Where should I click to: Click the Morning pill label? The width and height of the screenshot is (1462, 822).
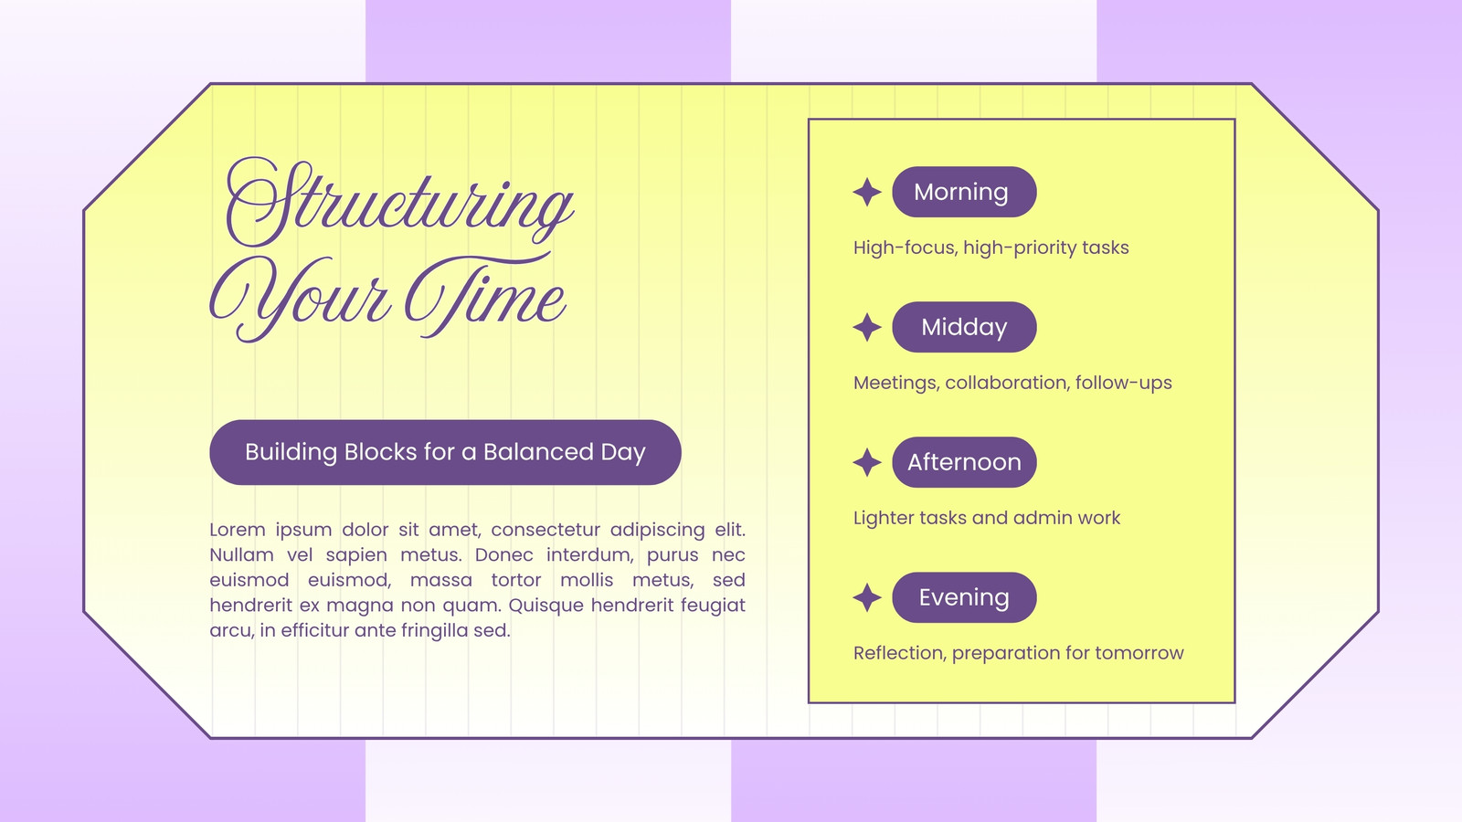coord(964,192)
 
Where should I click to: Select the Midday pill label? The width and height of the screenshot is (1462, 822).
coord(964,327)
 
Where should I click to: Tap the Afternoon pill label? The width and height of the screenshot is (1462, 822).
coord(964,462)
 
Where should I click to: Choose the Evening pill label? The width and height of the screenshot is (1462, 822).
coord(964,597)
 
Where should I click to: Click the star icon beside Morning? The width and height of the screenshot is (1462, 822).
coord(867,192)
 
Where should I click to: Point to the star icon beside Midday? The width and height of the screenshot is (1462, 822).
coord(867,327)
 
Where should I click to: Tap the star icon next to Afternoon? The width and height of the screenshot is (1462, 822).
coord(867,462)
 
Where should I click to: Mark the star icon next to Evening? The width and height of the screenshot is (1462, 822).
coord(867,597)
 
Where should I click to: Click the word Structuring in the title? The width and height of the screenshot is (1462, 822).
coord(399,203)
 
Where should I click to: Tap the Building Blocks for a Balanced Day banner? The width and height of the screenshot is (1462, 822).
coord(445,452)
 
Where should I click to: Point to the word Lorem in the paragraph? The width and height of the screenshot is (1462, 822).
coord(238,530)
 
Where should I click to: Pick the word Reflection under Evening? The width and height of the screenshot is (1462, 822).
coord(900,653)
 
